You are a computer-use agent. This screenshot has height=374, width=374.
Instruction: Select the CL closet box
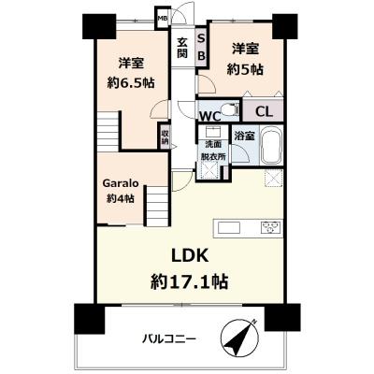265,111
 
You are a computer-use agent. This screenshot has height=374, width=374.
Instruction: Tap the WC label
209,116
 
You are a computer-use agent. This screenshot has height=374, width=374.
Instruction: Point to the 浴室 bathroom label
243,137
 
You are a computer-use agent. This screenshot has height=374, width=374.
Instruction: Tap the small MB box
161,18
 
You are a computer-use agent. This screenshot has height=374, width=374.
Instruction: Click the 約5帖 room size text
247,67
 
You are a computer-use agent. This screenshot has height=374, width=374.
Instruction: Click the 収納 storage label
165,139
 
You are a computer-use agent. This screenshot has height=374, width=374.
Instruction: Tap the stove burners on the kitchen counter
271,227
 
